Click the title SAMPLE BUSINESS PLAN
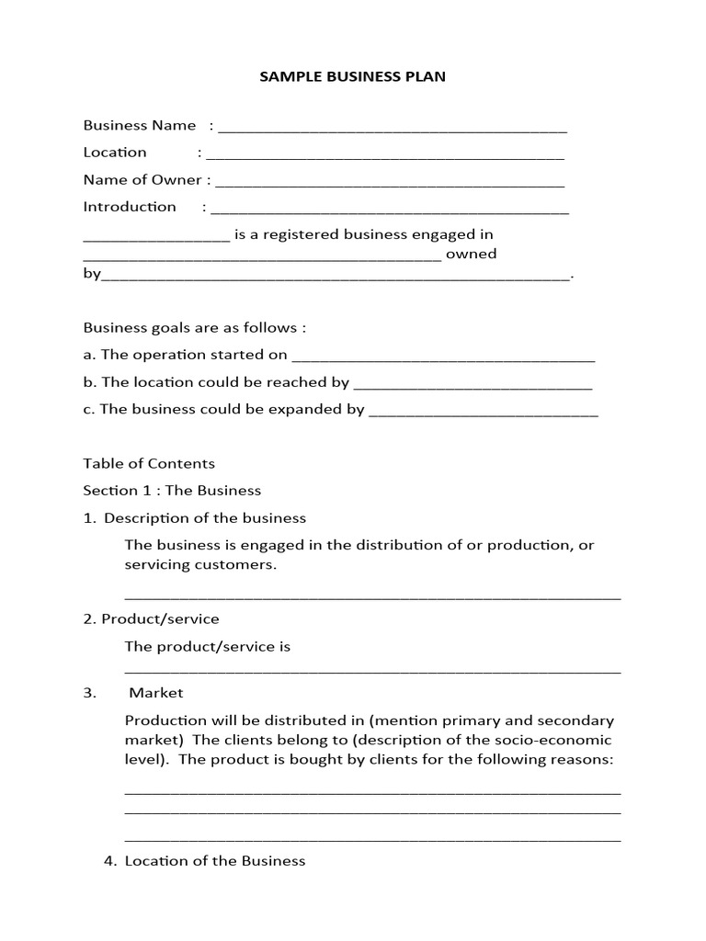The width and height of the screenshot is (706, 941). (x=353, y=76)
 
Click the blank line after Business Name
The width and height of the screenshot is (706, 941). (x=393, y=129)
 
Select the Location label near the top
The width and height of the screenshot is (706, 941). (x=115, y=153)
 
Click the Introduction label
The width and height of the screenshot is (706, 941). (x=130, y=207)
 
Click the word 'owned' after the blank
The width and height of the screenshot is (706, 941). (x=471, y=254)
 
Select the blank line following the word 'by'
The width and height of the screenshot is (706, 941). (x=336, y=277)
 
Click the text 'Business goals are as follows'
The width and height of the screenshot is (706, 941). (x=194, y=328)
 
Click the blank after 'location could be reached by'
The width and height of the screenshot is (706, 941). (x=473, y=385)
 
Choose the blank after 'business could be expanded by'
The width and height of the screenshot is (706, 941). (x=484, y=413)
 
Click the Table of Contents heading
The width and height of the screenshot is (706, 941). (x=149, y=464)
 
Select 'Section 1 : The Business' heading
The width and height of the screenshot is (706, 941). (x=172, y=491)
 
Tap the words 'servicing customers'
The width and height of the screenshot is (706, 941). (x=199, y=565)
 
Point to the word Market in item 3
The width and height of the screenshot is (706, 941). (x=156, y=693)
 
